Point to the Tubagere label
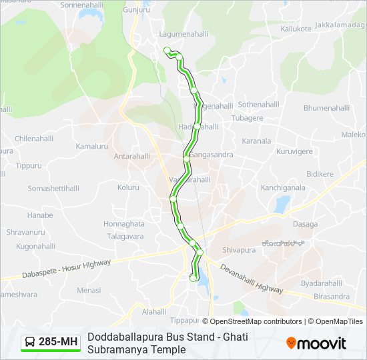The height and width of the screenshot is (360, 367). tap(247, 118)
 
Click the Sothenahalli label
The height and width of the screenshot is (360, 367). tap(259, 105)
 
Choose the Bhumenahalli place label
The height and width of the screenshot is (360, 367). tap(326, 107)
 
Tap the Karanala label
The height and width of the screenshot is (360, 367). tap(257, 141)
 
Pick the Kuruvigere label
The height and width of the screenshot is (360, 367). tap(294, 151)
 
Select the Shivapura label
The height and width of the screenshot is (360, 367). tap(240, 250)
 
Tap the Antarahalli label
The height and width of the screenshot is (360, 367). tap(132, 156)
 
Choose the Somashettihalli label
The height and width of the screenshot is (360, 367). tap(53, 189)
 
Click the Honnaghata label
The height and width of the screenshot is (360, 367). tap(123, 224)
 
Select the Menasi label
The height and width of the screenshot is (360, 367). tap(89, 290)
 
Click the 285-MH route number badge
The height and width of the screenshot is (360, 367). tap(51, 343)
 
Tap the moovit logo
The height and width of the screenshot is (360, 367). tap(316, 343)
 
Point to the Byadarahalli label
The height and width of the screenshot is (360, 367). tap(320, 283)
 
